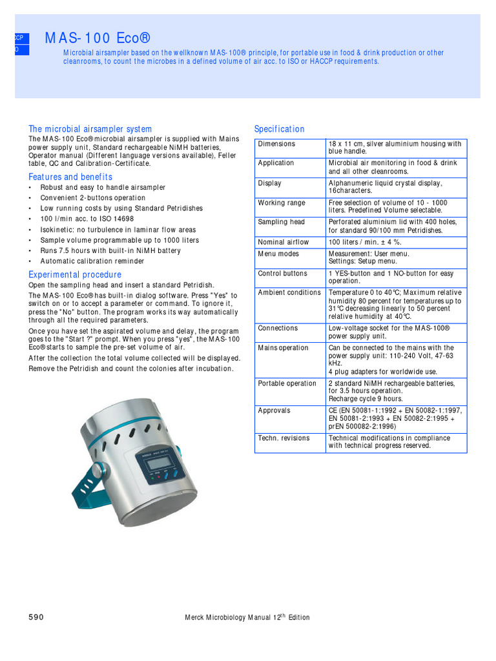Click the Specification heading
279,129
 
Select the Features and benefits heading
70,177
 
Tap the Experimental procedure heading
75,274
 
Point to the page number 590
36,617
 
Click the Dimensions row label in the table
276,144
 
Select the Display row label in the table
269,183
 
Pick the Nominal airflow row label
284,242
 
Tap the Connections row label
278,329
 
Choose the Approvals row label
274,411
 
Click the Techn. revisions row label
284,438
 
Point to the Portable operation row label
287,383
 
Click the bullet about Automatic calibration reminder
92,261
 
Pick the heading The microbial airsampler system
90,129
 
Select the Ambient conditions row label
289,293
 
